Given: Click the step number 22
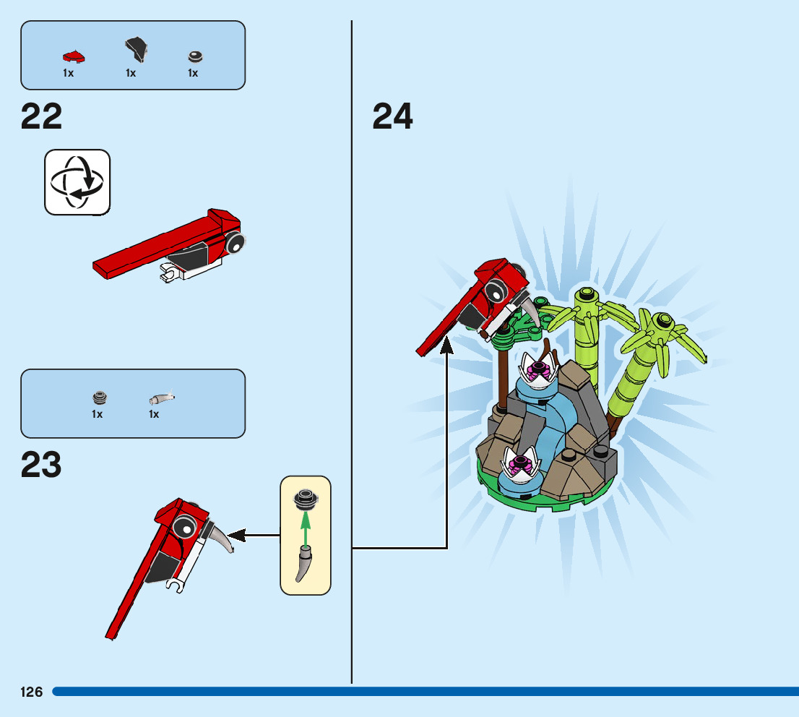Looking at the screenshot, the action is pyautogui.click(x=42, y=117).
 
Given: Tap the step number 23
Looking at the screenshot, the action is pyautogui.click(x=41, y=465).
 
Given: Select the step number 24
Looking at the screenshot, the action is pyautogui.click(x=392, y=117).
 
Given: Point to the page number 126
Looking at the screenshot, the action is pyautogui.click(x=32, y=692).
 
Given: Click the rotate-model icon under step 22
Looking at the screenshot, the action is pyautogui.click(x=77, y=181).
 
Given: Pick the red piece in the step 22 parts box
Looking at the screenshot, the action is pyautogui.click(x=73, y=55).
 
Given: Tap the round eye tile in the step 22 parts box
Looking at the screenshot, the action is pyautogui.click(x=194, y=56).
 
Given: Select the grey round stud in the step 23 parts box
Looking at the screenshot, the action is pyautogui.click(x=99, y=397).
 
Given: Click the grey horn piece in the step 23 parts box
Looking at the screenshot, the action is pyautogui.click(x=162, y=397).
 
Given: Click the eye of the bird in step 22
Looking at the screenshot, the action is pyautogui.click(x=235, y=244).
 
